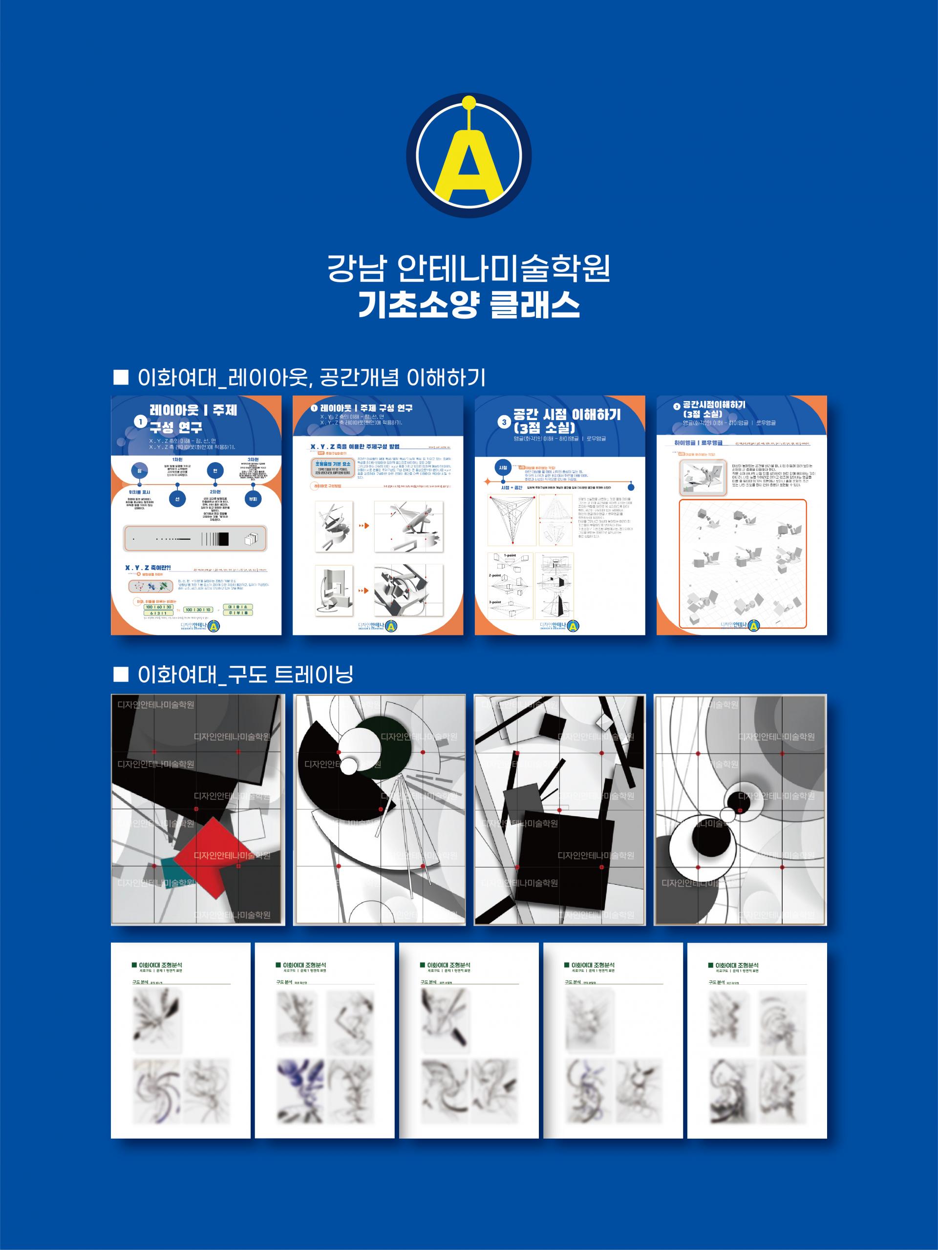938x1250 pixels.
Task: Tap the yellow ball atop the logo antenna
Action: pos(469,103)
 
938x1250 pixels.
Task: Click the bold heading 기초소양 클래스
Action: pos(469,305)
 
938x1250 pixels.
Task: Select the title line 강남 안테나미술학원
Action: pos(469,269)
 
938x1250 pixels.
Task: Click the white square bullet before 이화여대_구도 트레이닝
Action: pos(121,674)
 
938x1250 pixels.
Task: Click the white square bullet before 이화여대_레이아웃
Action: pos(121,377)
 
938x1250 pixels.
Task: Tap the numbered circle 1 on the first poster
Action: pos(140,421)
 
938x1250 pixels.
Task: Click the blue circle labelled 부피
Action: pos(253,499)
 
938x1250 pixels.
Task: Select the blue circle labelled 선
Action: pos(177,499)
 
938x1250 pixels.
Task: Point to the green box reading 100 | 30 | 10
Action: pos(198,610)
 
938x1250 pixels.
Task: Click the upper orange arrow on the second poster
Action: pos(364,526)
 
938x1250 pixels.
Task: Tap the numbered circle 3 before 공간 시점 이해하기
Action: pos(505,422)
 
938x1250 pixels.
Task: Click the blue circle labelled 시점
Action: pos(503,467)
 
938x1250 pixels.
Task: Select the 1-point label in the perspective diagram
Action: pos(509,555)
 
